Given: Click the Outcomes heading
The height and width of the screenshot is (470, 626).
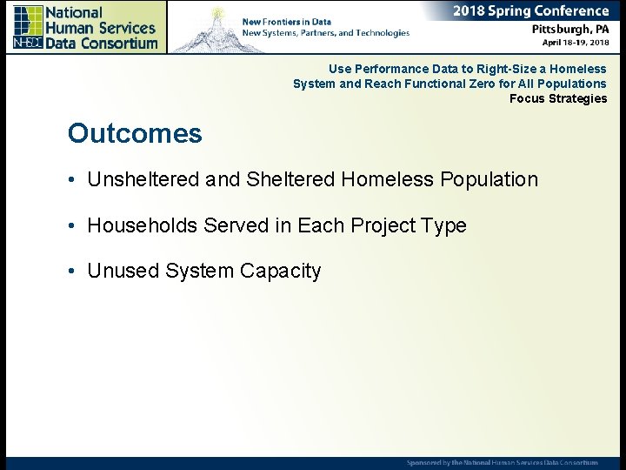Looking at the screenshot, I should [135, 134].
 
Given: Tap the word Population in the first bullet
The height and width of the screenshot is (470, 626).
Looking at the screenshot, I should [489, 180].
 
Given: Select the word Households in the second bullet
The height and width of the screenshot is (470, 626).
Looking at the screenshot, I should [143, 226].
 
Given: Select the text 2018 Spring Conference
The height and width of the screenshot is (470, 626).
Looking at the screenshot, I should [530, 11].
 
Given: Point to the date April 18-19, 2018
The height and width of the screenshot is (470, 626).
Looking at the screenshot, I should [575, 42].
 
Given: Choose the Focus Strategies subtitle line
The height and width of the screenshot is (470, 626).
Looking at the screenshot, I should [557, 99].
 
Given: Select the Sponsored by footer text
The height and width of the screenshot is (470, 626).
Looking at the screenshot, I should [503, 462].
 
